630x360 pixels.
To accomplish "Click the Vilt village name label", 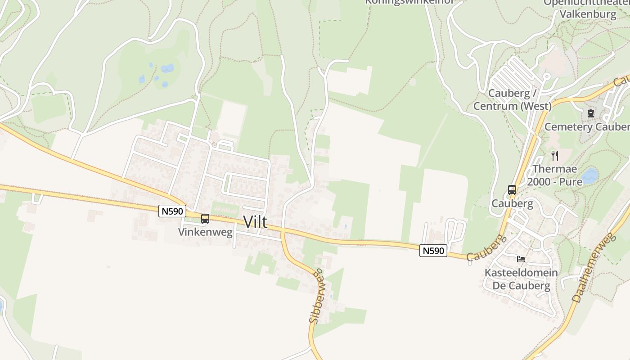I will (255, 221).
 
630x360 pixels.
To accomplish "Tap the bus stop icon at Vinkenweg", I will (205, 219).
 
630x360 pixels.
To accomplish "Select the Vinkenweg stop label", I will (205, 232).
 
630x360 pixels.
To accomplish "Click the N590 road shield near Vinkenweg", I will (172, 211).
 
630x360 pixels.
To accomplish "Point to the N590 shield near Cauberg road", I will (433, 251).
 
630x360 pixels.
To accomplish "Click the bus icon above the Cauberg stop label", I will (512, 190).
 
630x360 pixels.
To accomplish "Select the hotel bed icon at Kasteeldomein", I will (521, 259).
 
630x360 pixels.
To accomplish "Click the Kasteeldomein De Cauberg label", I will (521, 279).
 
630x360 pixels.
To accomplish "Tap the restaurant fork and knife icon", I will (555, 156).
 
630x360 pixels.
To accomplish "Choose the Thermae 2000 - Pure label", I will (554, 175).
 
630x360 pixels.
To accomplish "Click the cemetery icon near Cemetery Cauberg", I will (590, 113).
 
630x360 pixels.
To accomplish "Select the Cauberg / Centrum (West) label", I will (512, 100).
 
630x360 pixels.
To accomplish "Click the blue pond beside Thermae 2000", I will (589, 175).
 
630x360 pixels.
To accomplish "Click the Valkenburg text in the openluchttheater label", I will (588, 14).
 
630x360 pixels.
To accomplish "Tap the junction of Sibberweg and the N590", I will (283, 231).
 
